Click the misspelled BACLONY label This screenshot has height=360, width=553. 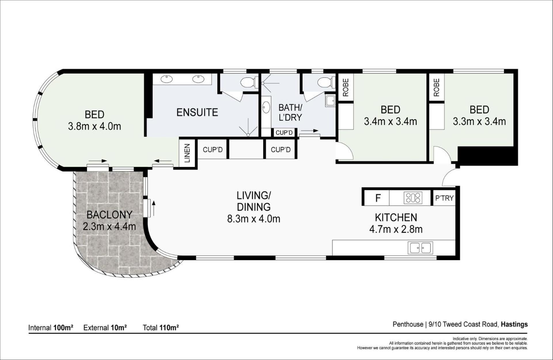pos(109,215)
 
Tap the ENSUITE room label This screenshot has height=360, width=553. pos(197,112)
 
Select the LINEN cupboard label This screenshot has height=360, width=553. pos(187,153)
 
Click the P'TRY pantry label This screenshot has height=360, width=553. pos(444,198)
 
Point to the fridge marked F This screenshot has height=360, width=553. pos(378,198)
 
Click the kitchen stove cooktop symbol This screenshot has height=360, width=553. pos(413,198)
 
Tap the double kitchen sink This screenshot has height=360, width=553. pos(420,248)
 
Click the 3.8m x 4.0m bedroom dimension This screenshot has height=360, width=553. pos(94,126)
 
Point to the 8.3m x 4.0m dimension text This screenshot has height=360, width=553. pos(253,219)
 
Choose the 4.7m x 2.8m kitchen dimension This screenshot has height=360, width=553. pos(396,229)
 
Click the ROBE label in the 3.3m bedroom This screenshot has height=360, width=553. pos(436,87)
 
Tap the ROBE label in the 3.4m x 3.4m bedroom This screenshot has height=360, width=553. pos(345,87)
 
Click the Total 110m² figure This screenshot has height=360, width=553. pos(161,327)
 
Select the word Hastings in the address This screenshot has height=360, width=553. pos(514,324)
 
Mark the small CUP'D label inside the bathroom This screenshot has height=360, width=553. pos(284,133)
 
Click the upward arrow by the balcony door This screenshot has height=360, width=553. pos(154,209)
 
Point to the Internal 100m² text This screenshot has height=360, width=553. pos(51,327)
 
